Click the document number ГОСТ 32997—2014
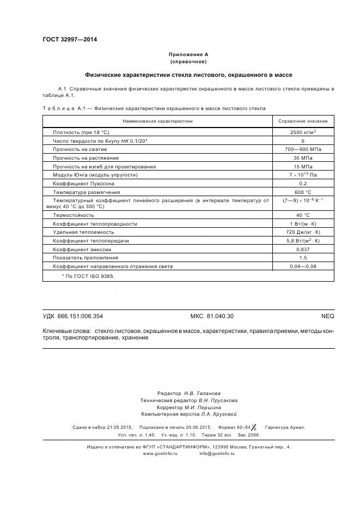[x=66, y=40]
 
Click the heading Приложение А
[x=188, y=54]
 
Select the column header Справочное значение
[x=303, y=121]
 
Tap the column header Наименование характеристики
[x=157, y=121]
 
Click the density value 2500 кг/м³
[x=303, y=132]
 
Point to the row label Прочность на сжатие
[x=80, y=149]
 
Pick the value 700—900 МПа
[x=303, y=149]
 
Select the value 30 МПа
[x=303, y=158]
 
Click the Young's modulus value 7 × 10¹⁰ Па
[x=303, y=175]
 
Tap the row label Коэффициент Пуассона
[x=83, y=184]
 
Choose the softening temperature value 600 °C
[x=303, y=192]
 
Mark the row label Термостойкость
[x=74, y=215]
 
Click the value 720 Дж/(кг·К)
[x=303, y=232]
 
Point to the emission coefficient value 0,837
[x=303, y=249]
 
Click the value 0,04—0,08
[x=303, y=266]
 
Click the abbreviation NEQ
[x=328, y=316]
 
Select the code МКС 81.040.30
[x=212, y=316]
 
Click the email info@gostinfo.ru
[x=217, y=453]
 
